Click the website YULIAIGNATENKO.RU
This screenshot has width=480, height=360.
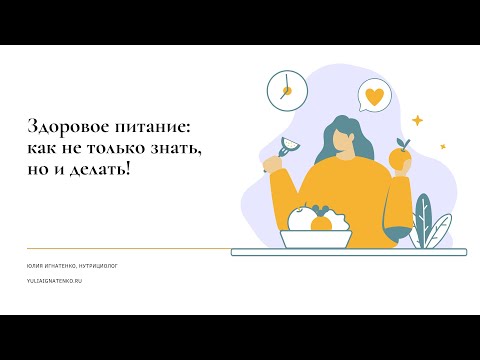click(54, 281)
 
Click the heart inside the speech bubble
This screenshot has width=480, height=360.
click(374, 97)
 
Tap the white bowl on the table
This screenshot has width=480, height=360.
click(316, 237)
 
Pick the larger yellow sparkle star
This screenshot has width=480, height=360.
click(416, 120)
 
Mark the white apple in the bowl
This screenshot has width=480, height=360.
click(300, 217)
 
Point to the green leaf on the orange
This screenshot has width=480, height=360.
click(403, 143)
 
